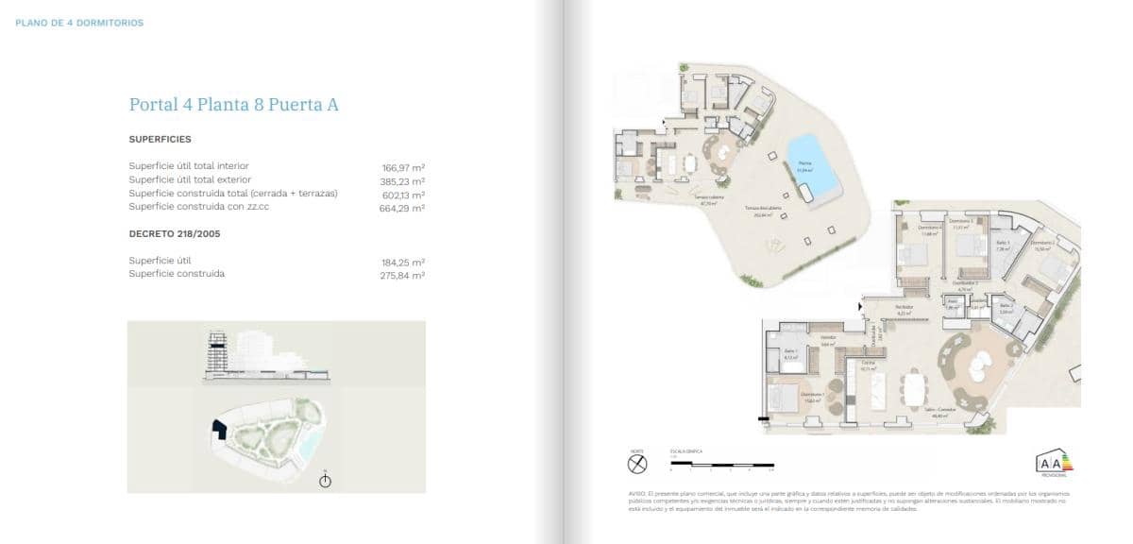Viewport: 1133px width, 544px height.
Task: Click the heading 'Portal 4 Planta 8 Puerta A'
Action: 233,105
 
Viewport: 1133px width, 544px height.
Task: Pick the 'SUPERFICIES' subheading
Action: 160,139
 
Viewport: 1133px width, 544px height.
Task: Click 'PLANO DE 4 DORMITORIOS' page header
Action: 80,23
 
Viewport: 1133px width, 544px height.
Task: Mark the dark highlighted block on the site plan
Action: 219,430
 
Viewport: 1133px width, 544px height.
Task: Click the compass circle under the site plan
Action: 326,482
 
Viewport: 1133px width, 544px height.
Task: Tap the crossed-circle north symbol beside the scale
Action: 637,464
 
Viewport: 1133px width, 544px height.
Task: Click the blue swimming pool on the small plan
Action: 811,162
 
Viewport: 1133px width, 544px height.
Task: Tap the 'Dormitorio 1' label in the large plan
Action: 811,394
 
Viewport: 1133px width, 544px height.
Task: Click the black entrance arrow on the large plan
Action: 859,306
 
